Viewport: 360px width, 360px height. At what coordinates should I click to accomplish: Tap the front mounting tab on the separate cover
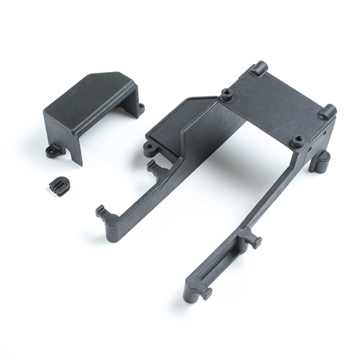tap(53, 151)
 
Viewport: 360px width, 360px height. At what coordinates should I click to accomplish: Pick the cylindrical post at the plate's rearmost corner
tap(258, 69)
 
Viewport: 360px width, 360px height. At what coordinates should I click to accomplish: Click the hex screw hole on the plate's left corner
tap(226, 94)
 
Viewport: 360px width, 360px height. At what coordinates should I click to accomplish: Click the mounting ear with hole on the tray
tap(149, 149)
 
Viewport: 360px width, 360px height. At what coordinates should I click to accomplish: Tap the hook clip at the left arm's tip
tap(103, 214)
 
